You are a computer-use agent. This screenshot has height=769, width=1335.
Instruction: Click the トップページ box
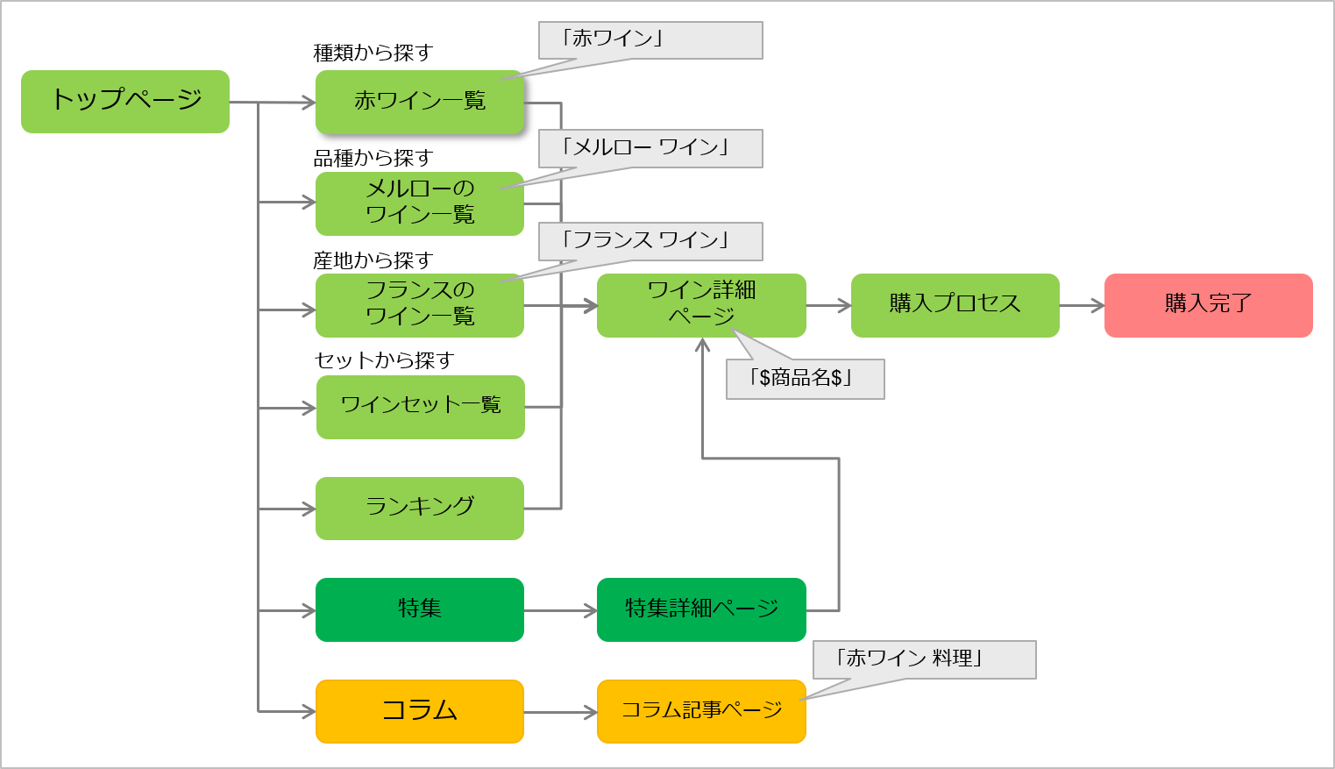click(x=127, y=100)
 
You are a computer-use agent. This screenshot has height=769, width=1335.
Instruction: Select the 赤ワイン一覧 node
click(x=419, y=101)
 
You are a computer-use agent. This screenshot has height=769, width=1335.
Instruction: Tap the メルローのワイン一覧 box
click(x=420, y=203)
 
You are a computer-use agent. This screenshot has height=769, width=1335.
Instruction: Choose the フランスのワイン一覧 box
click(x=420, y=304)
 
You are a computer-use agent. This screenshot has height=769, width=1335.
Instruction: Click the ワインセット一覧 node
click(x=420, y=405)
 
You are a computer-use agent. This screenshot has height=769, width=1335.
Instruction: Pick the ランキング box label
click(x=420, y=507)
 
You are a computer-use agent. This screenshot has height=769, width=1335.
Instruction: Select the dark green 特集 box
click(x=419, y=609)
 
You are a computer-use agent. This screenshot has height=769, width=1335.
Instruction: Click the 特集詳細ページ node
click(x=701, y=609)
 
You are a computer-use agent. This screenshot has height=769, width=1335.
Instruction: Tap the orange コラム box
click(x=419, y=710)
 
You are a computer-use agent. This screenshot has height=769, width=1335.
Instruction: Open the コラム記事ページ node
click(x=701, y=710)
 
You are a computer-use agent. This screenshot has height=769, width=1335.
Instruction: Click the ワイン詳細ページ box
click(x=701, y=304)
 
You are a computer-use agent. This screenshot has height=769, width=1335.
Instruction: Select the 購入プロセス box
click(x=955, y=304)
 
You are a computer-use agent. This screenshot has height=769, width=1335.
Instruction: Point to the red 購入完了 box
click(x=1208, y=304)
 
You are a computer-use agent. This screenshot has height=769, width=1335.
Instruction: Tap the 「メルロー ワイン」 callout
click(x=650, y=148)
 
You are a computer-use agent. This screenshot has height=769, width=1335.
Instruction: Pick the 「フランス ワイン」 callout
click(x=650, y=241)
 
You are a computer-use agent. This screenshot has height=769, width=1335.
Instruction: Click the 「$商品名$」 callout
click(x=804, y=379)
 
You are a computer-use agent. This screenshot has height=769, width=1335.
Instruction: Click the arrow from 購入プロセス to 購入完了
click(x=1082, y=306)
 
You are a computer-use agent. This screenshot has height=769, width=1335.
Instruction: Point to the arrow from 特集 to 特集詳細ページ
click(x=560, y=610)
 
